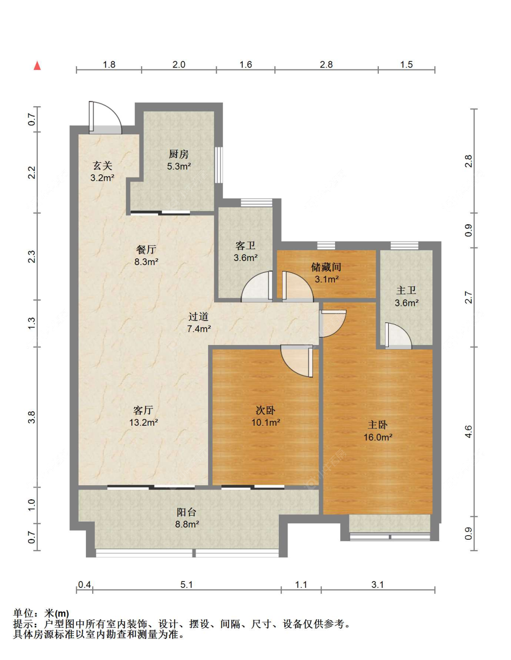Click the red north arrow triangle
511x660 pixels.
[37, 66]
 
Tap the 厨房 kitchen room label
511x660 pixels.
[179, 154]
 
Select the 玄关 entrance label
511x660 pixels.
[102, 166]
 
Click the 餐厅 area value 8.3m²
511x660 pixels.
[146, 261]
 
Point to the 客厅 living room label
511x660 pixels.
[143, 410]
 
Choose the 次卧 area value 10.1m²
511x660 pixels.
[266, 423]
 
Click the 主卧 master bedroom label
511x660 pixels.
[377, 424]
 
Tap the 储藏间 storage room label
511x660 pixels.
[326, 267]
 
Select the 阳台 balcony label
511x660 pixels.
[187, 512]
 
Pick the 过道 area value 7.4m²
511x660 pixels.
[199, 329]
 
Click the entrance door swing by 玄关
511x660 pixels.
[105, 118]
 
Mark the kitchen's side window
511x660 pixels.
[219, 165]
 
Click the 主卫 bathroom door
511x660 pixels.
[398, 335]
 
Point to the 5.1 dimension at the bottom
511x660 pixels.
[187, 585]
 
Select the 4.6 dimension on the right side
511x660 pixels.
[468, 431]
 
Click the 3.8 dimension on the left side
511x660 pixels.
[32, 417]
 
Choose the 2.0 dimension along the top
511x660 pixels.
[179, 64]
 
